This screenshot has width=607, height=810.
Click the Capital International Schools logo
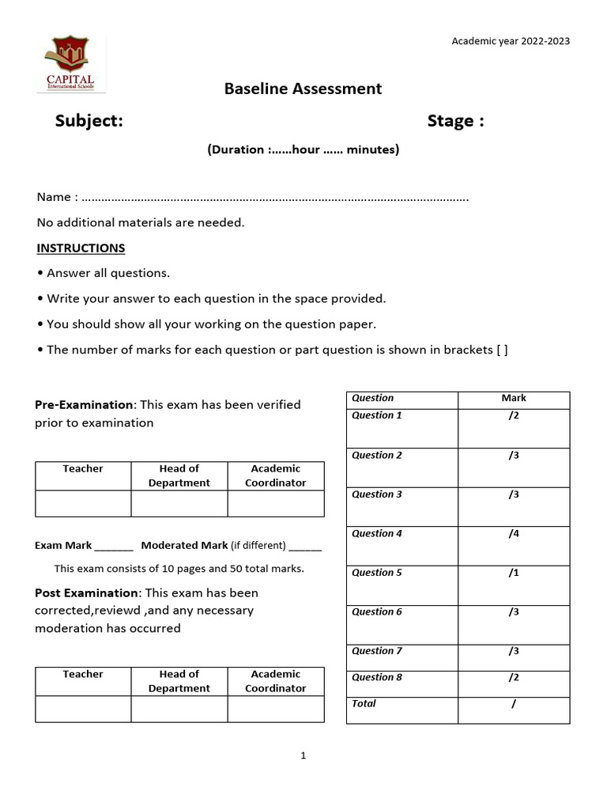coord(71,64)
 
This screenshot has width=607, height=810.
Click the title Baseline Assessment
coord(303,89)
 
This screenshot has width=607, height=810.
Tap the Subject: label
coord(89,121)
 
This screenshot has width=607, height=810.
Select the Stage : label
coord(455,121)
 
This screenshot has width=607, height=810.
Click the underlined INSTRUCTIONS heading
coord(81,248)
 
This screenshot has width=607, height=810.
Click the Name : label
coord(57,197)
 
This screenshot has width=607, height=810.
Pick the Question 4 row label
coord(377,534)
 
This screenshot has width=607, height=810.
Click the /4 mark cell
coord(514,534)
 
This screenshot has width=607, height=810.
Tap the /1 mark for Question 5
coord(514,573)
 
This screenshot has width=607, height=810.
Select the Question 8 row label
coord(377,677)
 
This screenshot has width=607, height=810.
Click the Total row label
coord(364,703)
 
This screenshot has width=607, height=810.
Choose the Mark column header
coord(514,398)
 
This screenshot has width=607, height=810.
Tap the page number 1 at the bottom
coord(303,756)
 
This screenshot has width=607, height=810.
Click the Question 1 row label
coord(377,415)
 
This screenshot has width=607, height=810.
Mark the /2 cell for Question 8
coord(514,677)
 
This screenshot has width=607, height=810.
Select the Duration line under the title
coord(303,149)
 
